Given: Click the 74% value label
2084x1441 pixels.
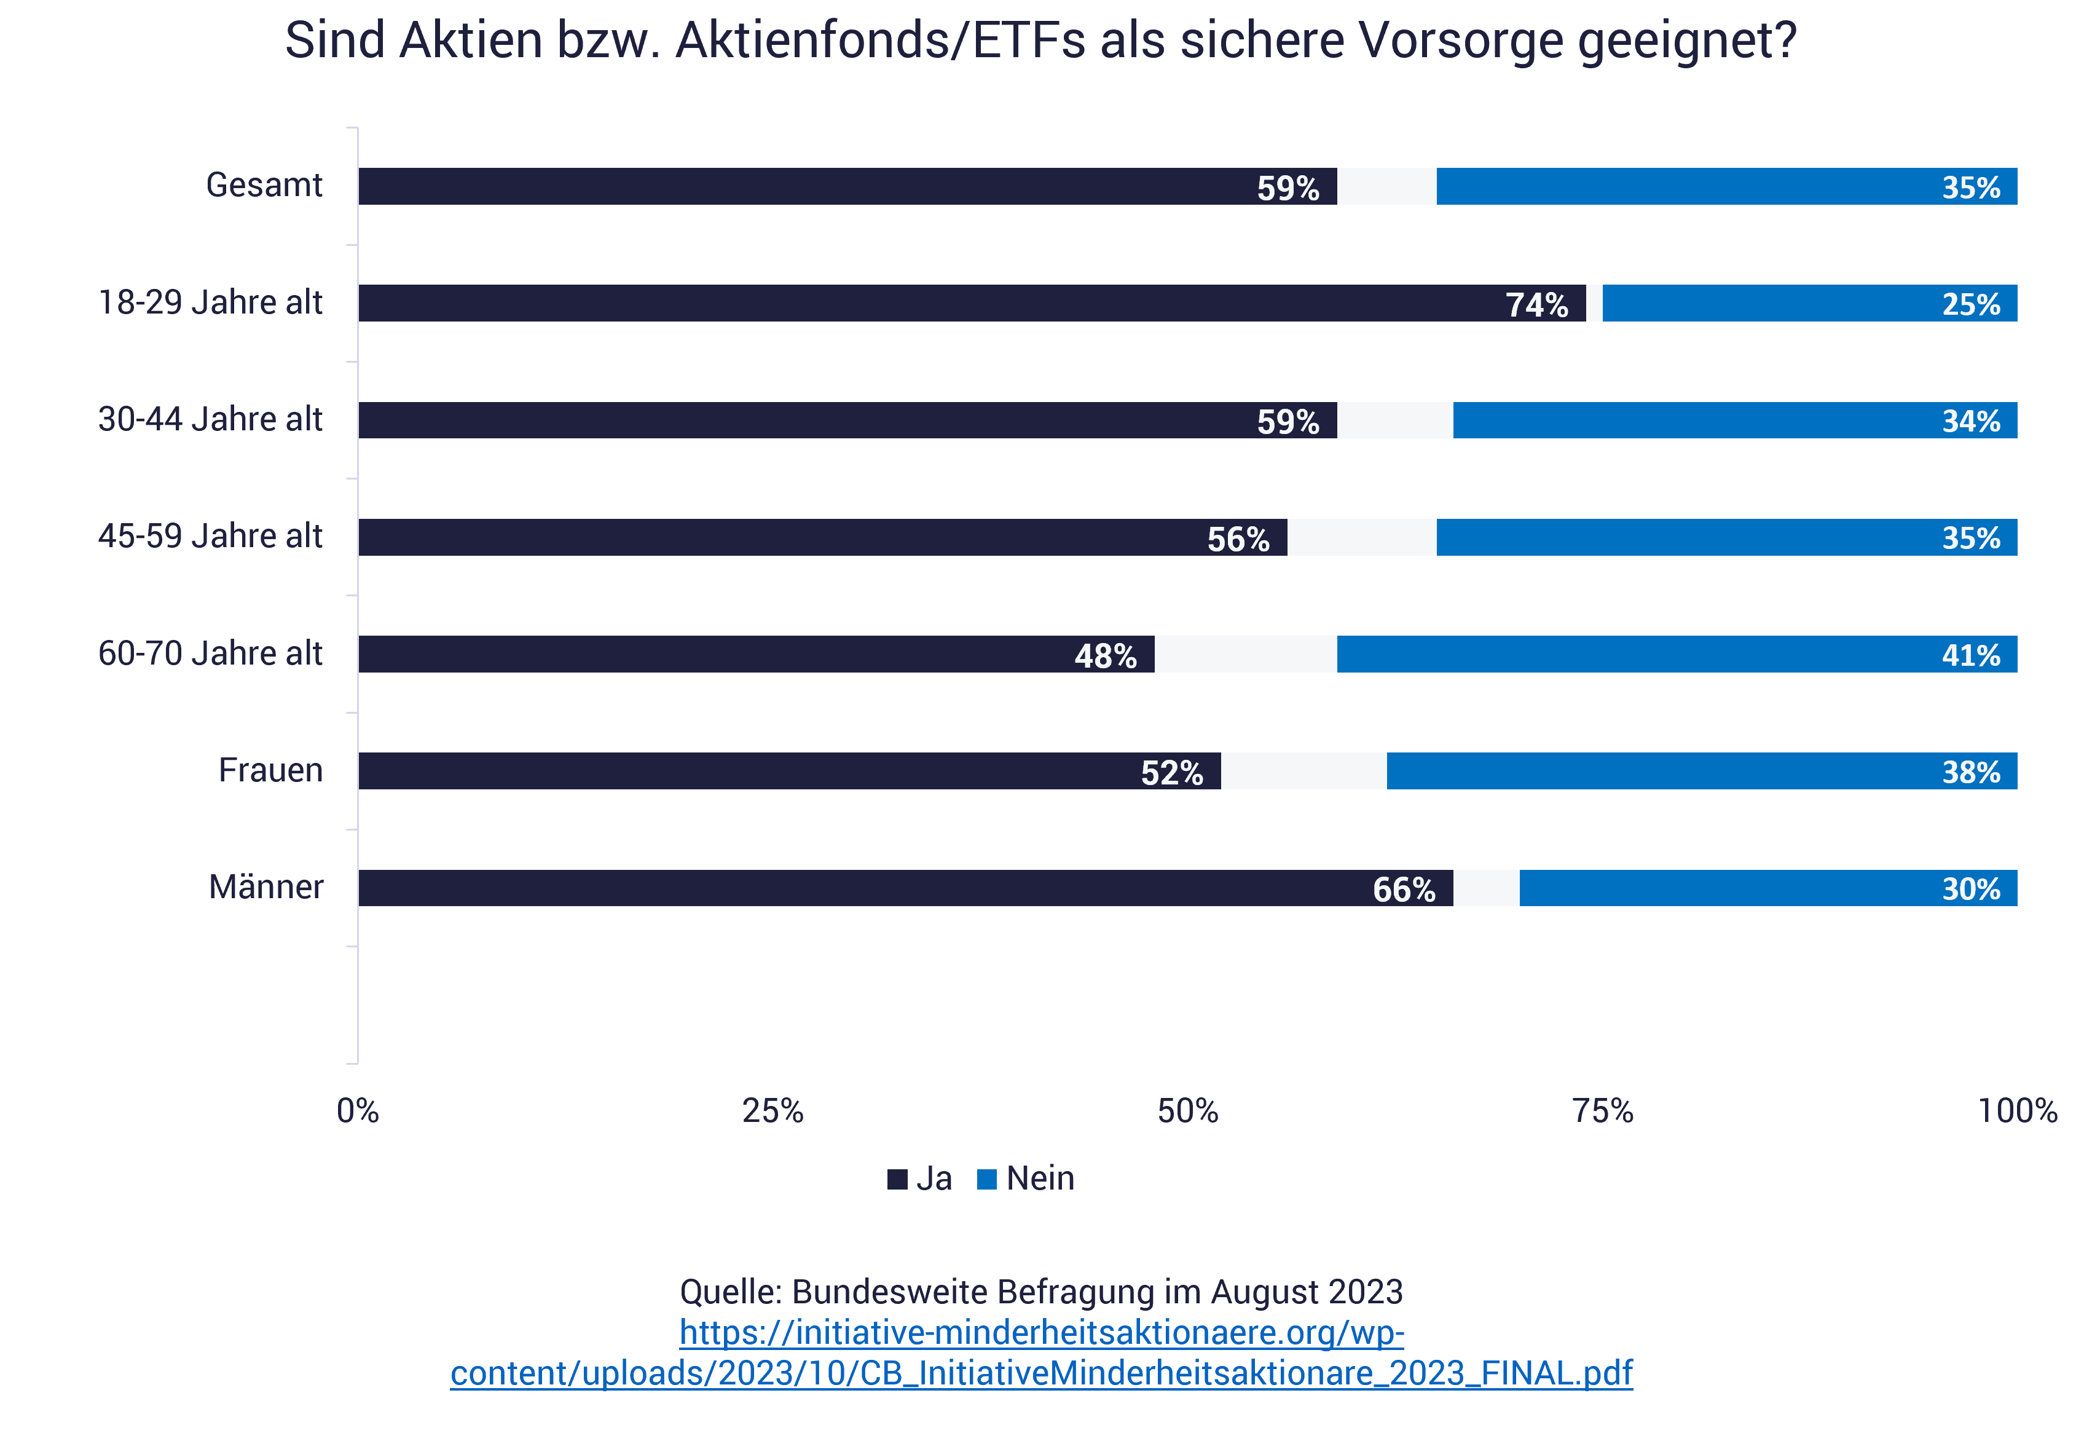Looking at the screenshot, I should [1536, 305].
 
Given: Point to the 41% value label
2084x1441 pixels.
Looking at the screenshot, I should [1970, 655].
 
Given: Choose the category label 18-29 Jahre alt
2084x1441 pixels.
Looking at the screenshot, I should [210, 302].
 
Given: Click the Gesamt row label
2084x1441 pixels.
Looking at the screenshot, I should [264, 185].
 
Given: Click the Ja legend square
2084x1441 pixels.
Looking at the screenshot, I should [897, 1179].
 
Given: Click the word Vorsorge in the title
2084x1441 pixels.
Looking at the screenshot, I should [1461, 41].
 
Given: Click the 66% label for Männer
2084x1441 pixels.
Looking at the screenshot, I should [1404, 890].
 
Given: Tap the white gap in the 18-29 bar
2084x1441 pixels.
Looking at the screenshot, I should [1594, 303].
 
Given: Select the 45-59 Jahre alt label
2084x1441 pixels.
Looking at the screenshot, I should [210, 536].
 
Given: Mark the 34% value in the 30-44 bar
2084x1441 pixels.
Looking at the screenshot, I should [1970, 422].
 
